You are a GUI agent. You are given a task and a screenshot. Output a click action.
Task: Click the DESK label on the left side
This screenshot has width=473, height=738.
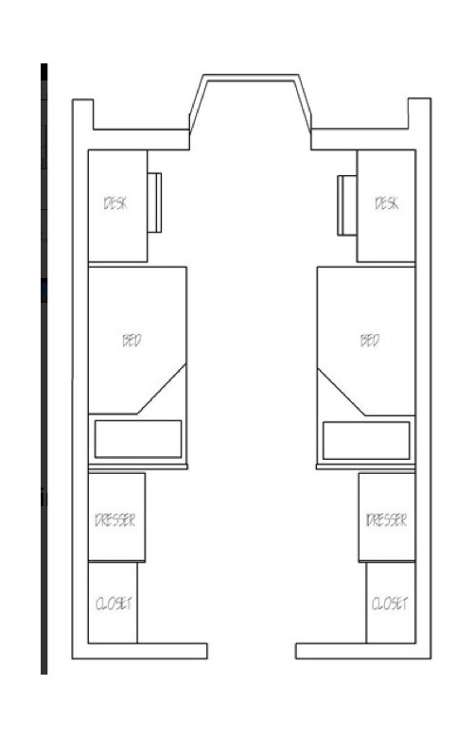(115, 203)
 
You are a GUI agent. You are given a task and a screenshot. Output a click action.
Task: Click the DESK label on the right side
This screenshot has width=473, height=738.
(387, 203)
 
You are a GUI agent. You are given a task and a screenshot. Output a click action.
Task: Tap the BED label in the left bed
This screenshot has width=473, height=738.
(131, 341)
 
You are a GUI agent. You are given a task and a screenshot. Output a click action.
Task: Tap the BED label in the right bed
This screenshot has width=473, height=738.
(370, 341)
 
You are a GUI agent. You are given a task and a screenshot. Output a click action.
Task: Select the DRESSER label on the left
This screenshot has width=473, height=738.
(114, 520)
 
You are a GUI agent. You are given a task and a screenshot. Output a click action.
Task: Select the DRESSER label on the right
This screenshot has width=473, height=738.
(386, 520)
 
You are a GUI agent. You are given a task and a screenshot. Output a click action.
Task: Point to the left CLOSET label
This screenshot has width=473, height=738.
(114, 604)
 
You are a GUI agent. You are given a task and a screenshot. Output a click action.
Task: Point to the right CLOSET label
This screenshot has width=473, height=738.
(390, 604)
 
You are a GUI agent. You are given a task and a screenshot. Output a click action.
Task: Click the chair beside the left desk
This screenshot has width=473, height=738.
(154, 202)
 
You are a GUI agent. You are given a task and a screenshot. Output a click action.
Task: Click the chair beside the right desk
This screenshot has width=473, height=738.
(347, 205)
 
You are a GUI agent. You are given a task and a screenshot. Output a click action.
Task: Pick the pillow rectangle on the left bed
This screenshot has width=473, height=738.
(138, 439)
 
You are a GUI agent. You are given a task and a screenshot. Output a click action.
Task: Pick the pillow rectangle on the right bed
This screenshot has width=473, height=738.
(366, 441)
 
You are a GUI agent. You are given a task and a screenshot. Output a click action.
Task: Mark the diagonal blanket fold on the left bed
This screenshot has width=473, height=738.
(162, 389)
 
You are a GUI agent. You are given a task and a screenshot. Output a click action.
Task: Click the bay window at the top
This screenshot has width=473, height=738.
(251, 78)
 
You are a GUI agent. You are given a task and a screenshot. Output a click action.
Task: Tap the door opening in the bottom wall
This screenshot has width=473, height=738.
(252, 651)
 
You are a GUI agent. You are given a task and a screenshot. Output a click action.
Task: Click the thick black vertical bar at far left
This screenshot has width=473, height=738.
(44, 369)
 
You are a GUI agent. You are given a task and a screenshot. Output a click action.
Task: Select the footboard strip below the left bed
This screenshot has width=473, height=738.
(138, 466)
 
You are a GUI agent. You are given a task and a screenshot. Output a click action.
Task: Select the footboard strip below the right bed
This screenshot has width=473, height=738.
(366, 466)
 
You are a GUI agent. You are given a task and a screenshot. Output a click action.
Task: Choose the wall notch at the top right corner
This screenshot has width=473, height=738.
(419, 114)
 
